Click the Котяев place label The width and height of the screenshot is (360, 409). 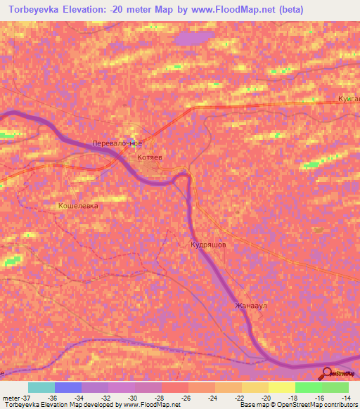[150, 157]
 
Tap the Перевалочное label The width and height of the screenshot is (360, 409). [117, 143]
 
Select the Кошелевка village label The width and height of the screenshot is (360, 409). [78, 206]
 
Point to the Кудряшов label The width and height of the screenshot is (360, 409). [208, 245]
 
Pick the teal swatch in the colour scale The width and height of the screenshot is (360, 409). [41, 387]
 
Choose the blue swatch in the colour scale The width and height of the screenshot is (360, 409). [67, 387]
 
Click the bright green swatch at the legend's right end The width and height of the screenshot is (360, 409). [335, 387]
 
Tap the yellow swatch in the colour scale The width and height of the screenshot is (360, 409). [281, 387]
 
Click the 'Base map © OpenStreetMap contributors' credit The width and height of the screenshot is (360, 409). [297, 405]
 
